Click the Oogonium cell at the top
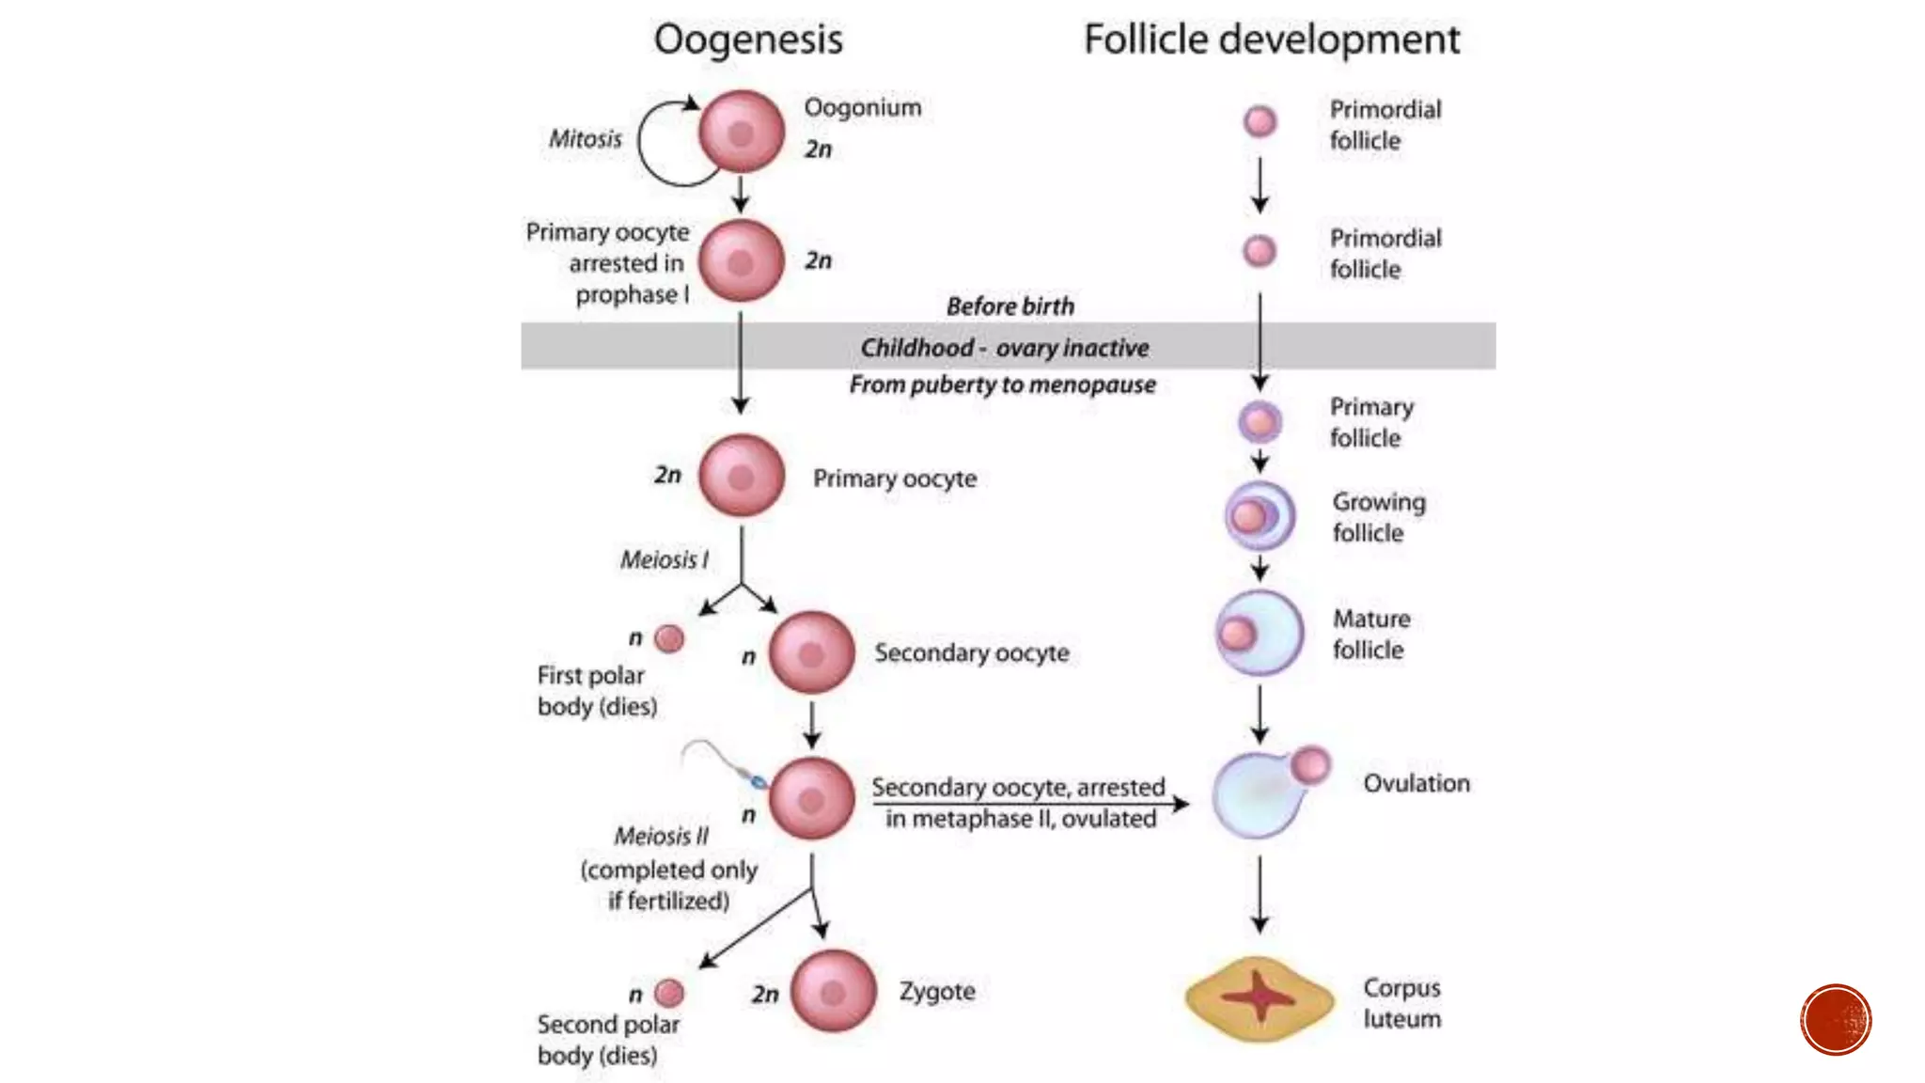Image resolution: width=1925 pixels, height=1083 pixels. pos(741,132)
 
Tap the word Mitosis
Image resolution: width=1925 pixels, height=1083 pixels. pos(586,139)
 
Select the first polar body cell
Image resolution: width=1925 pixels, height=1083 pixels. pos(669,639)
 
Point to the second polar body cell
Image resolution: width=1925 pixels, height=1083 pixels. pos(669,993)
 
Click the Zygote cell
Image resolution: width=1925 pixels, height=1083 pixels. pos(833,991)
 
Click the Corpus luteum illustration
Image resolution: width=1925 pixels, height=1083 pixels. pos(1259,998)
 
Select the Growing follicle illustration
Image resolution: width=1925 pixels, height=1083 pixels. pos(1260,515)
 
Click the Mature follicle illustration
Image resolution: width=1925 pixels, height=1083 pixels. pos(1260,633)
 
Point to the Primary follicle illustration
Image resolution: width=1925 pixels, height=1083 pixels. pos(1260,421)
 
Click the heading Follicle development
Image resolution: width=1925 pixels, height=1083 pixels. pos(1272,39)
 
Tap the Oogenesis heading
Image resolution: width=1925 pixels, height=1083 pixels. pos(748,39)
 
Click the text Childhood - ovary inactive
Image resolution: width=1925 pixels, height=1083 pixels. pos(1004,348)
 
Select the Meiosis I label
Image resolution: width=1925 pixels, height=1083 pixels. pos(664,560)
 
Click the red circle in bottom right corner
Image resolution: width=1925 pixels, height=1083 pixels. pos(1836,1019)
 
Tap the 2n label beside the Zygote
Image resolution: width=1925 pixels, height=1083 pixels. pos(765,994)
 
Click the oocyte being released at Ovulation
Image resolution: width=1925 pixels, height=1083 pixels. pos(1310,765)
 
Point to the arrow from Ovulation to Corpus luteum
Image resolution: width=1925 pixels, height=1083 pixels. pos(1260,893)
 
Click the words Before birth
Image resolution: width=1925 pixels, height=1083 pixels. pos(1009,306)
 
